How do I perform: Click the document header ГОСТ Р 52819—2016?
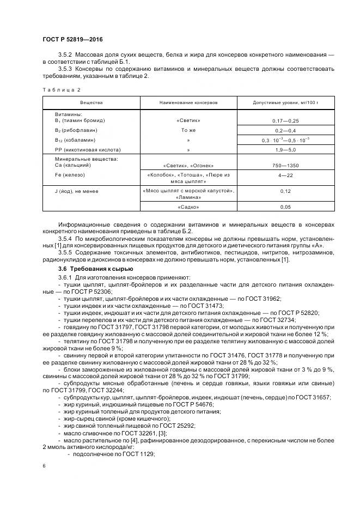[x=72, y=39]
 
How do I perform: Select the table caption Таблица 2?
[x=61, y=89]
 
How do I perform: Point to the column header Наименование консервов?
[x=188, y=102]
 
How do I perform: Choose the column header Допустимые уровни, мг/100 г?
[x=277, y=102]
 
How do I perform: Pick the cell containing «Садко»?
[x=188, y=208]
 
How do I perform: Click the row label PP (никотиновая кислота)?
[x=88, y=149]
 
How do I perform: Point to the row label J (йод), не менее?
[x=77, y=191]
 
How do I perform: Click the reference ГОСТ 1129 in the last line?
[x=141, y=454]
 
